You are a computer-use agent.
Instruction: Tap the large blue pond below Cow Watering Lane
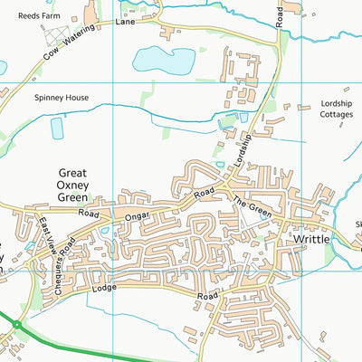[x=164, y=61]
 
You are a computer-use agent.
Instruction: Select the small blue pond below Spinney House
[x=58, y=129]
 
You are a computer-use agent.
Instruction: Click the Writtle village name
[x=312, y=239]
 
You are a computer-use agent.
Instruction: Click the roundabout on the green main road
[x=15, y=323]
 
